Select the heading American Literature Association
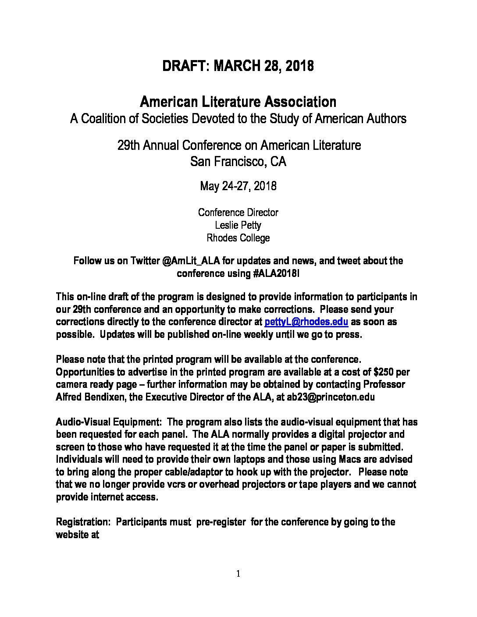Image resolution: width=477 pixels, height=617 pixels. pyautogui.click(x=238, y=102)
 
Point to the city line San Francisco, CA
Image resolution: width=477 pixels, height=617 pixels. pyautogui.click(x=238, y=162)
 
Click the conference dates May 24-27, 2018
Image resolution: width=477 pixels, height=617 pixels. pyautogui.click(x=238, y=186)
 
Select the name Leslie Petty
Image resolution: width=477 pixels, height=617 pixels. pyautogui.click(x=238, y=225)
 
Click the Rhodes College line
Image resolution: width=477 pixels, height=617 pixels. pyautogui.click(x=238, y=238)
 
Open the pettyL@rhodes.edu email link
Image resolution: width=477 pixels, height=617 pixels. pyautogui.click(x=306, y=322)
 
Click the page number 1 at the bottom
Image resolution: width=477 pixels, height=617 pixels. pyautogui.click(x=238, y=574)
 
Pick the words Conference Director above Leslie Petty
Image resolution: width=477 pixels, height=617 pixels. pyautogui.click(x=238, y=213)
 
